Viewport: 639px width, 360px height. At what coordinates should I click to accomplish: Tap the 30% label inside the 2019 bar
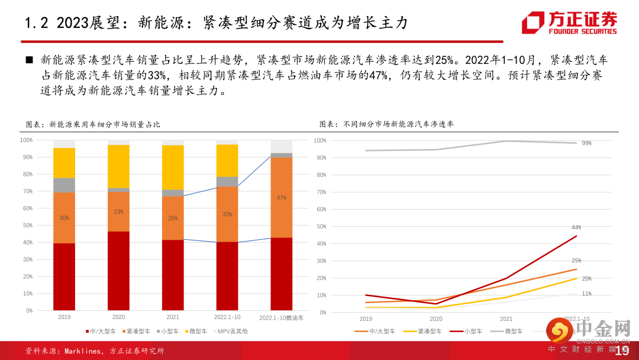[64, 218]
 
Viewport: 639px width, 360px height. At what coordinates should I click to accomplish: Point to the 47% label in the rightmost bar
[282, 198]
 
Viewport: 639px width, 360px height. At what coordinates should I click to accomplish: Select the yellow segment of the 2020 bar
[118, 166]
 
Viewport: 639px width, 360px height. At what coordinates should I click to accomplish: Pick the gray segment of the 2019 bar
[64, 185]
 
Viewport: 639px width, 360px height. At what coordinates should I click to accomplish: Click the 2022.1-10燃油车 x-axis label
[282, 318]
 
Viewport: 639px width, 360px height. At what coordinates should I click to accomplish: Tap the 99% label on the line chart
[586, 143]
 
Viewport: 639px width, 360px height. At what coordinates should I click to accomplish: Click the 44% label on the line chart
[576, 227]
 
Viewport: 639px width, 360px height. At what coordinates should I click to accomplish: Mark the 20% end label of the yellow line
[586, 278]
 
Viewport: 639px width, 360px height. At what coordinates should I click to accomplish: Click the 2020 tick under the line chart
[435, 319]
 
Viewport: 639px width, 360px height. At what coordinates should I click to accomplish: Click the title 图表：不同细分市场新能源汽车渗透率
[386, 124]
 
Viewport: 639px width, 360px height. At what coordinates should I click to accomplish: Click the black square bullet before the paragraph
[29, 61]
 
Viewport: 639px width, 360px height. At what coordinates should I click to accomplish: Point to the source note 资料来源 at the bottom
[95, 351]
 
